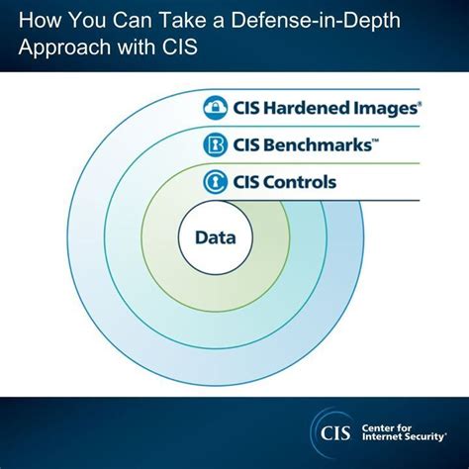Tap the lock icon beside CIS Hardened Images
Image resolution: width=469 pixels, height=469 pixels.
pyautogui.click(x=217, y=108)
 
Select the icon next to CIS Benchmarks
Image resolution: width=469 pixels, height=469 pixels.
pyautogui.click(x=217, y=145)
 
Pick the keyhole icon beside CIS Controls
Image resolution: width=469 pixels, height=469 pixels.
pyautogui.click(x=217, y=183)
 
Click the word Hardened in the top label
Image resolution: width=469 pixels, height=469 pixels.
pyautogui.click(x=307, y=108)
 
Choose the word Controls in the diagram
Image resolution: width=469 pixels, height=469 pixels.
pyautogui.click(x=302, y=183)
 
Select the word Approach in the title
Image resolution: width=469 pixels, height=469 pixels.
pyautogui.click(x=55, y=47)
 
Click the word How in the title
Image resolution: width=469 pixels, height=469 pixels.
pyautogui.click(x=32, y=19)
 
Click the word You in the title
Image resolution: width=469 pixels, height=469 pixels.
pyautogui.click(x=77, y=19)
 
